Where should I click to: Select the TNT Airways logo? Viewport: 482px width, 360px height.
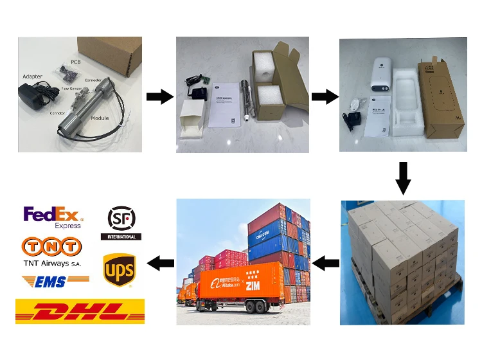53,252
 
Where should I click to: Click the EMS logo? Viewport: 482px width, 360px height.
55,280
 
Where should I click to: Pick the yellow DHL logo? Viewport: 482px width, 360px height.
80,311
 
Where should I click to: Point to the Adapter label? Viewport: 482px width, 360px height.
32,76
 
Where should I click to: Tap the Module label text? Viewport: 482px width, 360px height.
100,118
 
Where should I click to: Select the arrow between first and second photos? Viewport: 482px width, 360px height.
159,97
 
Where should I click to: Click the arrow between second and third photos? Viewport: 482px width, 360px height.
325,97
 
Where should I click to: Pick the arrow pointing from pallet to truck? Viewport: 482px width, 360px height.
325,262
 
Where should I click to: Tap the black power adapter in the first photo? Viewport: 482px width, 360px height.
31,98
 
